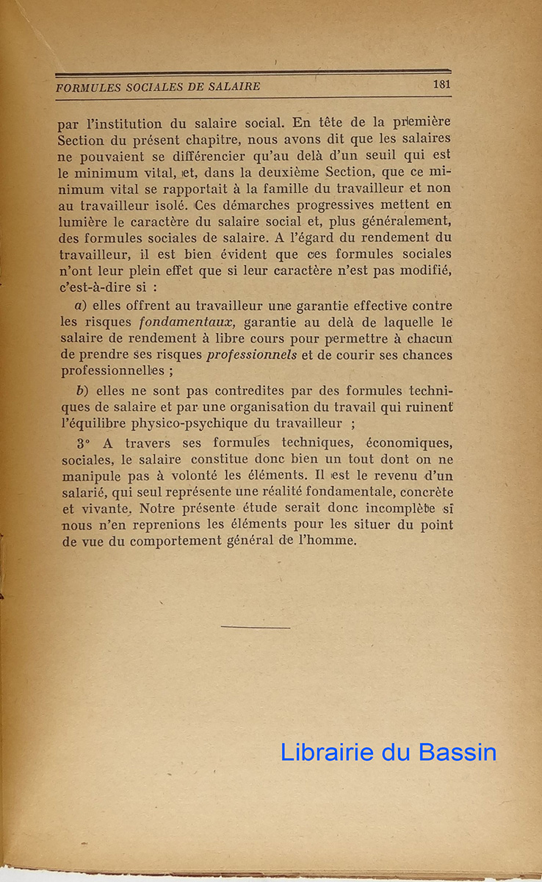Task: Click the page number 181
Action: pyautogui.click(x=441, y=84)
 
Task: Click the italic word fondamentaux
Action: pyautogui.click(x=189, y=323)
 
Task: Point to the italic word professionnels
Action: pyautogui.click(x=252, y=355)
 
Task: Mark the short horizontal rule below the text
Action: pyautogui.click(x=255, y=627)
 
